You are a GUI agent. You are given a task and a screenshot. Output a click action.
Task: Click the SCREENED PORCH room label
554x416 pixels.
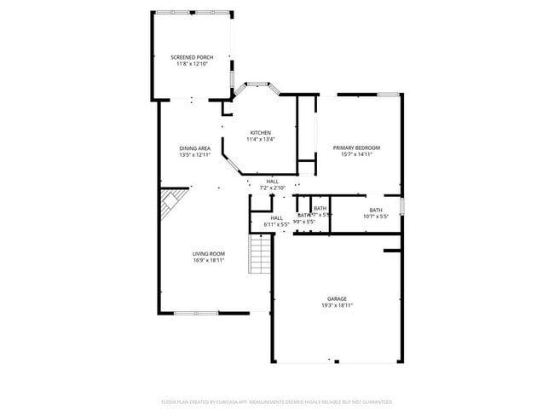193,57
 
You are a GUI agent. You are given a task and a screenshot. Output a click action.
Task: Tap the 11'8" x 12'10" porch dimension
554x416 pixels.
193,64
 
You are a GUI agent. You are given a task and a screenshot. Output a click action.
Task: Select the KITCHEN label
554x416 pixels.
260,132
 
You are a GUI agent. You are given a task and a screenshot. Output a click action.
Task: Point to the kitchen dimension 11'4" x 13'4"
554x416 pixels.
260,139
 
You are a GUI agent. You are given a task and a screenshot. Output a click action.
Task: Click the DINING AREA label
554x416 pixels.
194,148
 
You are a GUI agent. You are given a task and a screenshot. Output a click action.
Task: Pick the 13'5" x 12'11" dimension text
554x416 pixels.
194,155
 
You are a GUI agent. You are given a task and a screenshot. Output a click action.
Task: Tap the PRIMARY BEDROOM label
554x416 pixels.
356,147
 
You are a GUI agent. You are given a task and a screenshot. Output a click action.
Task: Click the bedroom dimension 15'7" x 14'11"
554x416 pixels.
356,154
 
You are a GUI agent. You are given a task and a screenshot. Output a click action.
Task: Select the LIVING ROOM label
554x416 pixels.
208,253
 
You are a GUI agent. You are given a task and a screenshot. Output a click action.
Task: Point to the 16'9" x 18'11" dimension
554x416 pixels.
208,260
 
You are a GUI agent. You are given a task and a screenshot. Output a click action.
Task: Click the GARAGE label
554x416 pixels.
338,298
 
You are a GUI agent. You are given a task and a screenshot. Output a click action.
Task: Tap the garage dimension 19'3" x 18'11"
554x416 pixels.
338,305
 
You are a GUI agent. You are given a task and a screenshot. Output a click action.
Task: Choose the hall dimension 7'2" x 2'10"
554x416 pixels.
272,188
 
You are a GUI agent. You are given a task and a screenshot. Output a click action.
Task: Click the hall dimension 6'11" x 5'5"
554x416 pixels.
277,225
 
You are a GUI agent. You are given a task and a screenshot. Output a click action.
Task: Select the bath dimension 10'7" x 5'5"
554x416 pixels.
375,217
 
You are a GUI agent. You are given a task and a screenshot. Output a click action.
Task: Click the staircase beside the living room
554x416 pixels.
260,254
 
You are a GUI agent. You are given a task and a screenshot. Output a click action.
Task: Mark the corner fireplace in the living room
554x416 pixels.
170,205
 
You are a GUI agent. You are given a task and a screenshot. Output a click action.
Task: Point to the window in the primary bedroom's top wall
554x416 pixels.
389,94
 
